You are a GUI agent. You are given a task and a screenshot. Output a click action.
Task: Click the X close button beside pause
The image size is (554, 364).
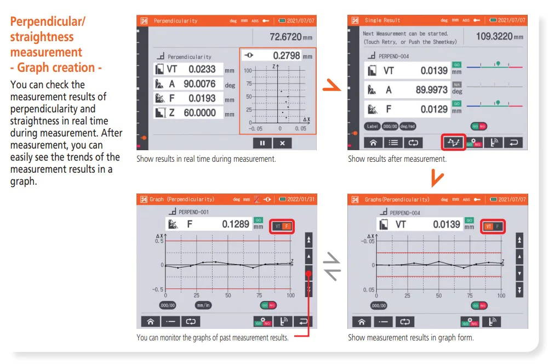[282, 143]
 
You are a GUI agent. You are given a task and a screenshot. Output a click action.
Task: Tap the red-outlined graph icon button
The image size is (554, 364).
[454, 142]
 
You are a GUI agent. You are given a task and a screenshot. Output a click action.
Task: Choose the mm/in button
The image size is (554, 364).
[203, 305]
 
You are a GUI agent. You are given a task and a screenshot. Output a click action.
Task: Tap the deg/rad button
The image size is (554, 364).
[408, 126]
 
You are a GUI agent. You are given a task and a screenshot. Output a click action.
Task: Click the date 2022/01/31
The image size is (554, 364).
[301, 200]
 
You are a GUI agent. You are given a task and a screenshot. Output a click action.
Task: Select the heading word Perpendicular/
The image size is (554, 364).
[48, 22]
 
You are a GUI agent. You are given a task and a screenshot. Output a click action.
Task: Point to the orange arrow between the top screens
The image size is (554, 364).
[332, 87]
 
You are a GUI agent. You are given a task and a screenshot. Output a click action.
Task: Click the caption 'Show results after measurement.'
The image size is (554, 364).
[397, 159]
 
